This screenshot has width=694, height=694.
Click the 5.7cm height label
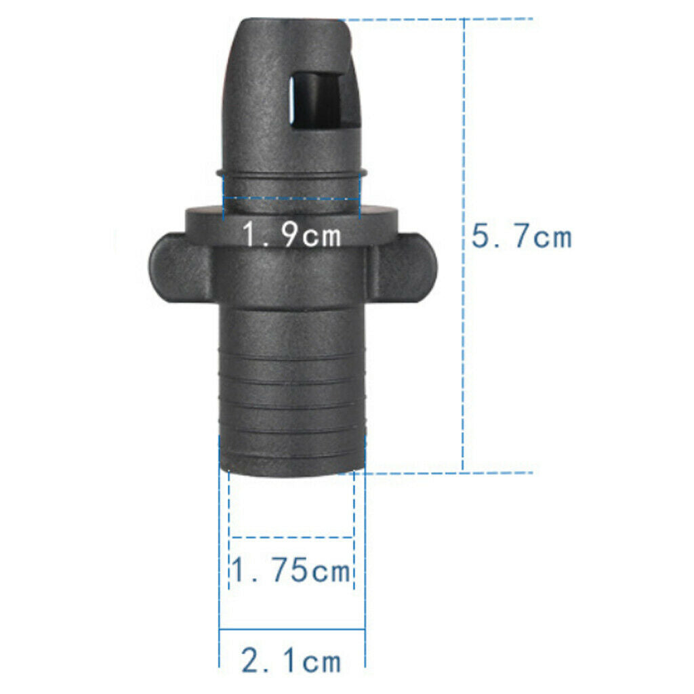(x=521, y=237)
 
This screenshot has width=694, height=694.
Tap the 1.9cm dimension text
(x=291, y=236)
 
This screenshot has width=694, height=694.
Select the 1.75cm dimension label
(x=291, y=571)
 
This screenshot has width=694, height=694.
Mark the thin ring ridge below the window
(x=291, y=173)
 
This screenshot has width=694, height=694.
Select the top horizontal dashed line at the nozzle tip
(x=441, y=19)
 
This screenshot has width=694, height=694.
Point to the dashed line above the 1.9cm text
(x=291, y=199)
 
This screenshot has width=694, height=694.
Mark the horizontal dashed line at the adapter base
(x=441, y=472)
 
